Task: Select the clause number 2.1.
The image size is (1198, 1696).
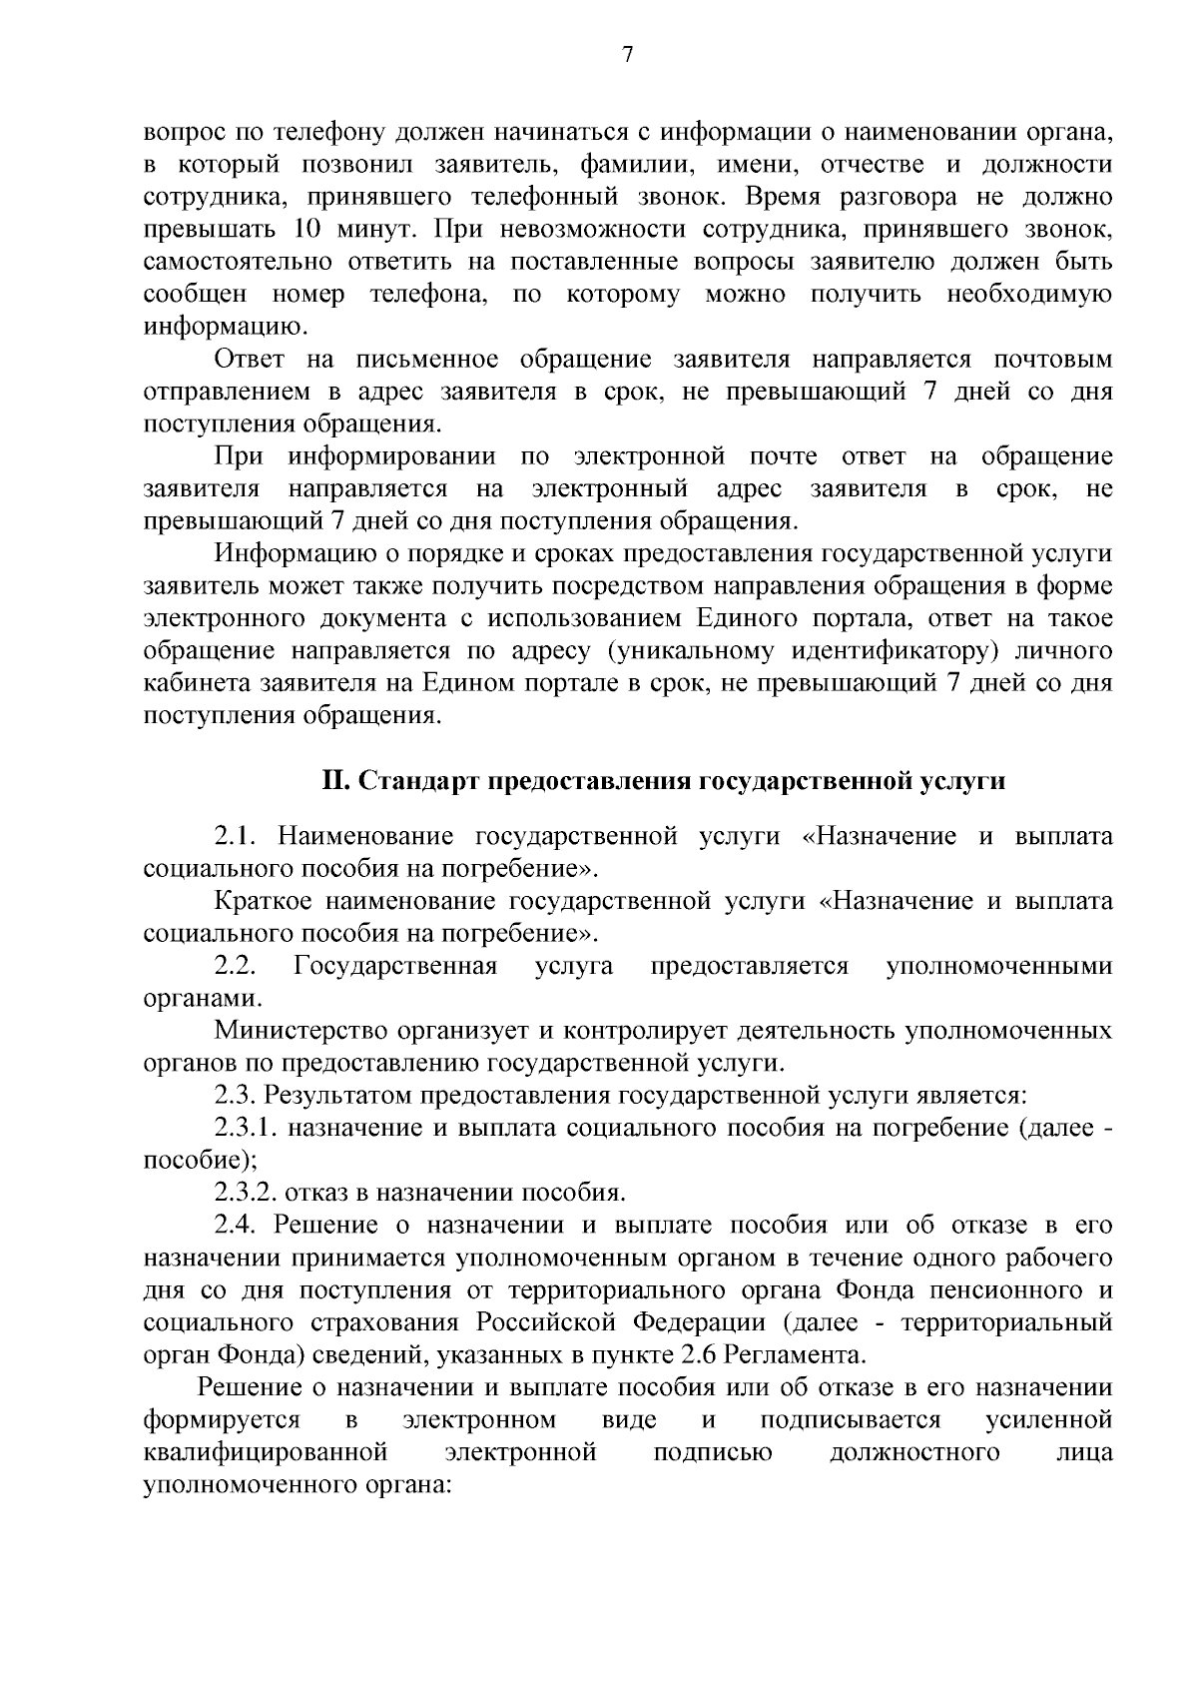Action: (x=237, y=836)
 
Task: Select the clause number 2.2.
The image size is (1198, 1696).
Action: (x=237, y=966)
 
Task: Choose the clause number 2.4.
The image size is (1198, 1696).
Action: (x=237, y=1226)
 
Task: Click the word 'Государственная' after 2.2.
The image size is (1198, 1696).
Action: (x=395, y=966)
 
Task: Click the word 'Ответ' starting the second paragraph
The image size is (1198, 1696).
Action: (x=250, y=360)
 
